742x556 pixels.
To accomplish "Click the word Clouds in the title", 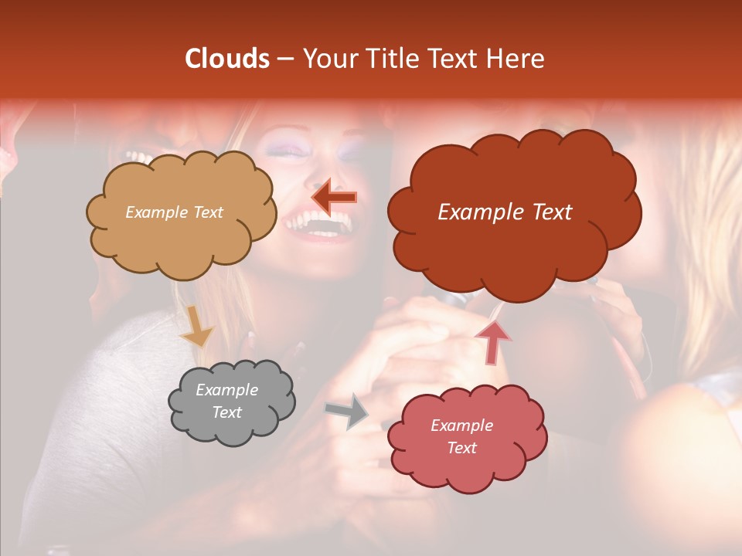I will [227, 59].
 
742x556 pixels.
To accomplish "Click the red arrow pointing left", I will [334, 198].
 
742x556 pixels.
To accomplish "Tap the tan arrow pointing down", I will [197, 327].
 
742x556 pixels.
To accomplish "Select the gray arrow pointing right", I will [347, 411].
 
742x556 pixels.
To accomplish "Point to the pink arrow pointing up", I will [492, 341].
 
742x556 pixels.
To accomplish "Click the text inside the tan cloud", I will [174, 212].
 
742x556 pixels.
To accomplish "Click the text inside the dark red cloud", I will [505, 212].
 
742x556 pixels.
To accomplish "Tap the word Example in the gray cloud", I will [226, 391].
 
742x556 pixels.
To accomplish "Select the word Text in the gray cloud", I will [226, 412].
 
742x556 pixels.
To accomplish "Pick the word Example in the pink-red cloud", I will [461, 425].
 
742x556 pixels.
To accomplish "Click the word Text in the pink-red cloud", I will [461, 448].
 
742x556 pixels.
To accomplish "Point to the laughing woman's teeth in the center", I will [318, 225].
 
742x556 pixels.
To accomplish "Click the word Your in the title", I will [324, 59].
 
